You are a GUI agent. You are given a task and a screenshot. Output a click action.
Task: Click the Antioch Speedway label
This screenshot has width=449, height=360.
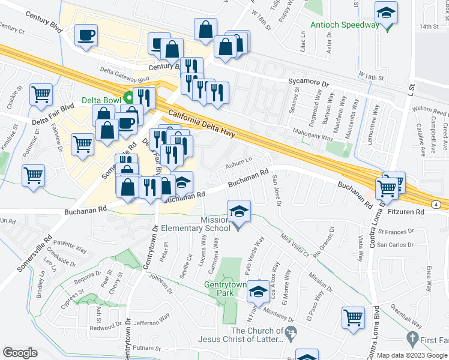click(345, 25)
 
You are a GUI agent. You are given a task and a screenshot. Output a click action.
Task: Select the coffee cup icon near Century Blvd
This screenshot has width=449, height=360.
click(86, 34)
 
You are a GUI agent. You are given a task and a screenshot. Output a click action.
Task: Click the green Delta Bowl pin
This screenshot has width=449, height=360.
click(128, 99)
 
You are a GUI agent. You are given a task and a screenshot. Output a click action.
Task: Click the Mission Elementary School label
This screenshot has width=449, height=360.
click(204, 224)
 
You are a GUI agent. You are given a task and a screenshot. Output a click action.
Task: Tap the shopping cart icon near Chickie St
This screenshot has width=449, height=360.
click(41, 94)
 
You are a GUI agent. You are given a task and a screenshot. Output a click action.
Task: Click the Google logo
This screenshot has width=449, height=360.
click(20, 353)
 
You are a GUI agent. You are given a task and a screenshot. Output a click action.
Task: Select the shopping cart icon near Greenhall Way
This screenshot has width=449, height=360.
click(353, 317)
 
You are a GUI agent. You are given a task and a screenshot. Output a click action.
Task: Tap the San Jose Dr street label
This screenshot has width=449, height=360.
click(276, 190)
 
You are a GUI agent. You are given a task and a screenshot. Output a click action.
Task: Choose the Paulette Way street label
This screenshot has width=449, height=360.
click(70, 247)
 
